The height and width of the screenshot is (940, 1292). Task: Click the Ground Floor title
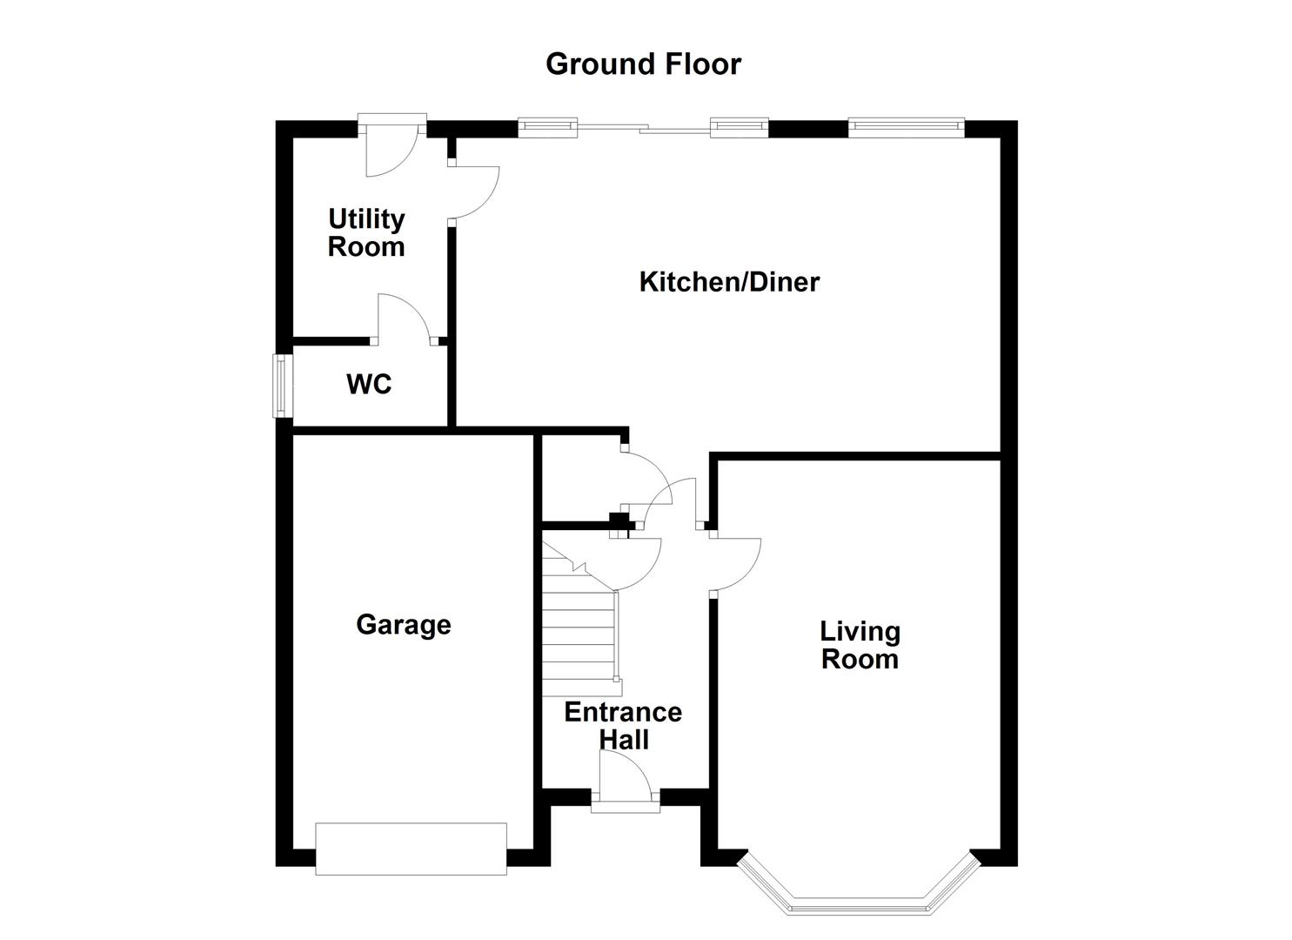(x=643, y=64)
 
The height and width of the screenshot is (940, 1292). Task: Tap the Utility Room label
(x=366, y=232)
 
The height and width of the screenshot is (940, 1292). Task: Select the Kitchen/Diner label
(x=729, y=282)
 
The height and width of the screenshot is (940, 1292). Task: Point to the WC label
(x=369, y=384)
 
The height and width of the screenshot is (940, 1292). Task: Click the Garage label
(x=404, y=625)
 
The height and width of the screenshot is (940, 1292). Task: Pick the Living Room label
(x=860, y=645)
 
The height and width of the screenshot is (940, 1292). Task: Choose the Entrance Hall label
(x=623, y=726)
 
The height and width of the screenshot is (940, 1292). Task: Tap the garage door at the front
(x=411, y=849)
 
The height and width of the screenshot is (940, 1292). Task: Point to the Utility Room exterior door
(x=391, y=148)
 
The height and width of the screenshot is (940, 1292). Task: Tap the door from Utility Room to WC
(x=403, y=318)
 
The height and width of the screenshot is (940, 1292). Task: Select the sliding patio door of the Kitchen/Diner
(x=643, y=129)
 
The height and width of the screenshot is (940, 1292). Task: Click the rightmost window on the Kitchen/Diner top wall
(x=907, y=128)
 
